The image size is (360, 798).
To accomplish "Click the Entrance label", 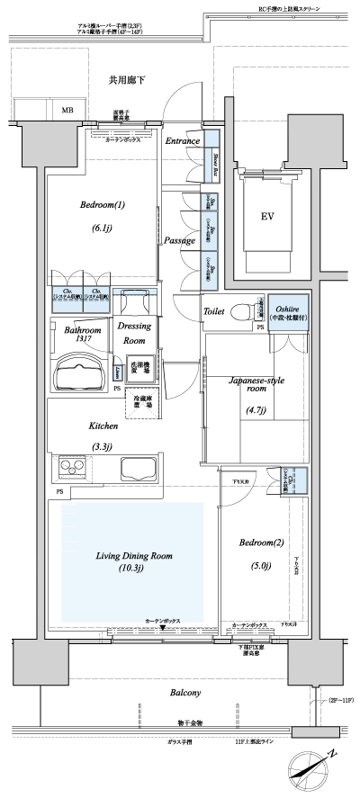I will (183, 141).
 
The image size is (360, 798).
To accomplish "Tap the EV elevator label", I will (267, 216).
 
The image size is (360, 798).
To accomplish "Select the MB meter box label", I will (67, 111).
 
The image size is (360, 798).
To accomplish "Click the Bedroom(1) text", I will (102, 204).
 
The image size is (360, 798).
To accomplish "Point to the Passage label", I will (180, 240).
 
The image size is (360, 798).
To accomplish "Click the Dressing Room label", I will (134, 335).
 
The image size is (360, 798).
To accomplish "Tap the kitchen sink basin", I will (139, 470).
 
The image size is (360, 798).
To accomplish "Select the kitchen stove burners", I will (73, 469).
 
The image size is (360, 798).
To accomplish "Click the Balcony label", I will (184, 693).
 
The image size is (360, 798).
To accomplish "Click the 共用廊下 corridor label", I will (126, 81).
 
